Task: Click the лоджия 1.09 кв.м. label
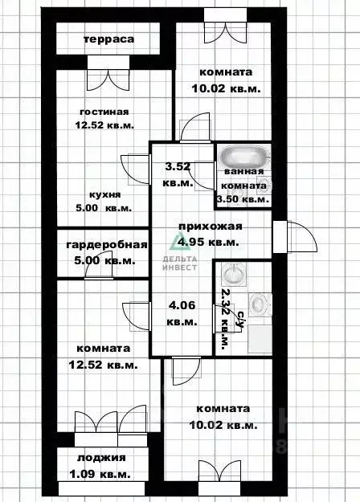pyautogui.click(x=103, y=465)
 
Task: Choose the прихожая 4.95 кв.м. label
pyautogui.click(x=209, y=234)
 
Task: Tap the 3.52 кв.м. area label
pyautogui.click(x=178, y=174)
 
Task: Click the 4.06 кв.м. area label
pyautogui.click(x=182, y=313)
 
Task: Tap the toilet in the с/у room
pyautogui.click(x=260, y=304)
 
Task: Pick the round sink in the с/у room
pyautogui.click(x=233, y=275)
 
